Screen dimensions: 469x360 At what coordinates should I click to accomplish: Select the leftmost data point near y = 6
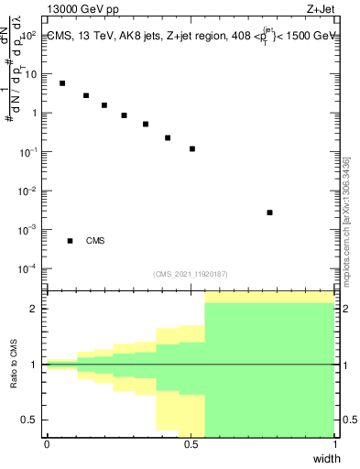click(x=62, y=83)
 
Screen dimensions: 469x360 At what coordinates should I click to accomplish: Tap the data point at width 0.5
click(x=192, y=148)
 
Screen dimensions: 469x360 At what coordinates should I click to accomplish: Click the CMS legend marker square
click(x=70, y=241)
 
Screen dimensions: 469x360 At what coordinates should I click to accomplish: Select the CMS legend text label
click(x=95, y=241)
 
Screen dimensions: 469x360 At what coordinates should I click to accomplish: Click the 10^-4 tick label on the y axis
click(x=29, y=268)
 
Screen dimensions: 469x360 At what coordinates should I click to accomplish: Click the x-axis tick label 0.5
click(x=191, y=443)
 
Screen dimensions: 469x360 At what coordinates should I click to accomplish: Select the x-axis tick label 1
click(x=334, y=443)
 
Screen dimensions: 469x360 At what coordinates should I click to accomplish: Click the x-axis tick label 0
click(x=47, y=443)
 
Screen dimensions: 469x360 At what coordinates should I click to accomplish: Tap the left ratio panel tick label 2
click(x=37, y=309)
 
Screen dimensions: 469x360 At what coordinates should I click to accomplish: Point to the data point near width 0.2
click(x=104, y=105)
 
